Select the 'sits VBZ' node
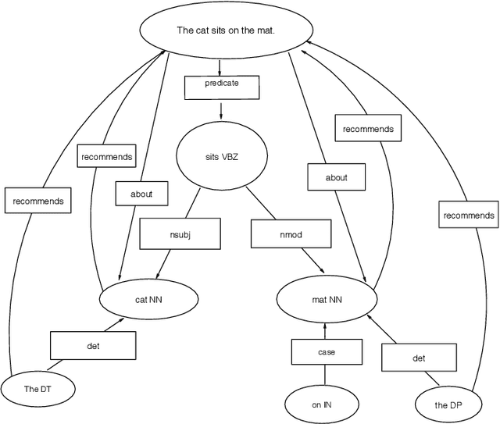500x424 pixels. tap(220, 156)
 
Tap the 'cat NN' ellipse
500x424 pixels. tap(146, 298)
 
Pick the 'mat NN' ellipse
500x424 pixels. tap(323, 298)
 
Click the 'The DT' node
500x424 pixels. tap(37, 388)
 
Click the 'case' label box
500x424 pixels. tap(326, 352)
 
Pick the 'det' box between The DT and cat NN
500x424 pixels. tap(93, 344)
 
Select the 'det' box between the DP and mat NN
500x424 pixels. tap(418, 358)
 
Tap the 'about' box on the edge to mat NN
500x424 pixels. tap(336, 177)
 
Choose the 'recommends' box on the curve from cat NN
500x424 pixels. tap(106, 157)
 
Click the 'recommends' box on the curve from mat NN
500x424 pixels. tap(368, 128)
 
